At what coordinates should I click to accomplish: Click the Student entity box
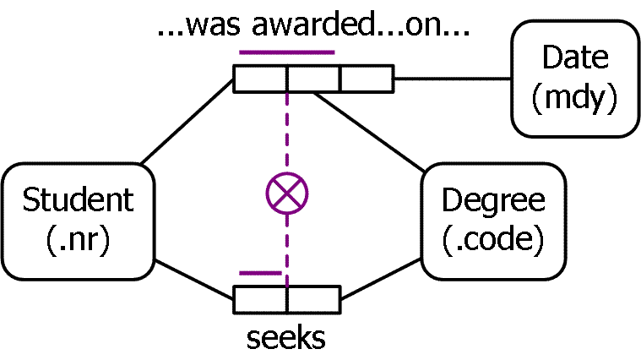tap(78, 221)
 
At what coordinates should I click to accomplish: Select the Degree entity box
tap(493, 221)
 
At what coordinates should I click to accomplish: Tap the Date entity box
tap(575, 78)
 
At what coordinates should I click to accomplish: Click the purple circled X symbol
tap(287, 194)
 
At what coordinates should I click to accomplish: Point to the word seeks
tap(286, 338)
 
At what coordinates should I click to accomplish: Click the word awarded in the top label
tap(312, 25)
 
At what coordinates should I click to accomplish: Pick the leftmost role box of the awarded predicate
tap(260, 79)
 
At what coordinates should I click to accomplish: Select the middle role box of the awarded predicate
tap(313, 79)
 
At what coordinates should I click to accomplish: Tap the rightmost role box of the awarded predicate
tap(367, 79)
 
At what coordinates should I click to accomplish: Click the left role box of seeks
tap(260, 300)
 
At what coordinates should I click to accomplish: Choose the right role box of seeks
tap(314, 300)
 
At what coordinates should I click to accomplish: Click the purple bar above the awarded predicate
tap(287, 52)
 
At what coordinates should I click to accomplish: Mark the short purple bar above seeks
tap(260, 273)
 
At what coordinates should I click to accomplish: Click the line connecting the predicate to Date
tap(453, 78)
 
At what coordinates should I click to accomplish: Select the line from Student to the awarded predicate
tap(187, 122)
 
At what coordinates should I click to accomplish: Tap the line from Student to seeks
tap(194, 280)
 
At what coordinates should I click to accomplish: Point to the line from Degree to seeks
tap(381, 279)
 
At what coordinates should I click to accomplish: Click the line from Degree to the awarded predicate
tap(369, 132)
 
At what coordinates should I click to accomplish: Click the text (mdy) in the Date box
tap(575, 98)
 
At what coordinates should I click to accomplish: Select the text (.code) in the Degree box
tap(493, 240)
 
